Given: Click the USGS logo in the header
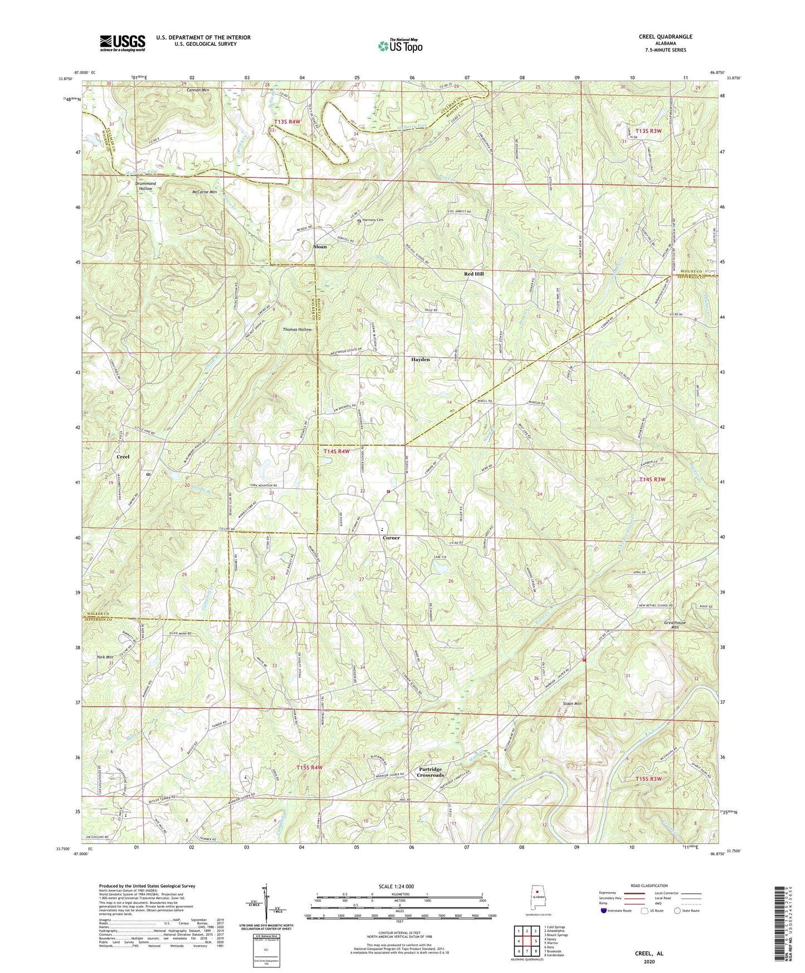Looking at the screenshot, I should [123, 43].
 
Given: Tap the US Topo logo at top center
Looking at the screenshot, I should [399, 46].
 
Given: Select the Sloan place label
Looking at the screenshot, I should [320, 246].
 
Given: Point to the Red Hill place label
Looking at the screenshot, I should [474, 274].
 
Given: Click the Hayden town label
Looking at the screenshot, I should [421, 360].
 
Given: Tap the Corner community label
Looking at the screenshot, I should [391, 538].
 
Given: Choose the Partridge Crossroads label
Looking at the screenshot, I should [431, 772].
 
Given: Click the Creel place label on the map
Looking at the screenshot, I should [123, 457].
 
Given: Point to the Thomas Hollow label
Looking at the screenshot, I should [297, 329].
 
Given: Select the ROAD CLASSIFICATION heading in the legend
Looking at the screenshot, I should [649, 886].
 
